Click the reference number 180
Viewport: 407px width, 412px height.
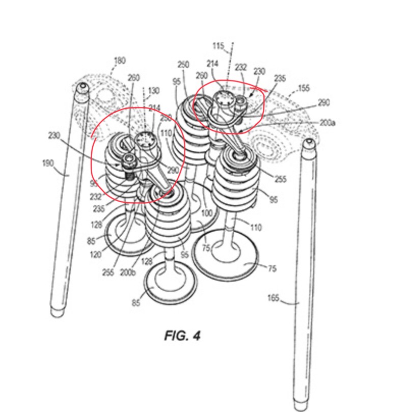[119, 61]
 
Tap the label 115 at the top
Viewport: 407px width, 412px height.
[218, 46]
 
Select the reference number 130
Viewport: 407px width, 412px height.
[153, 91]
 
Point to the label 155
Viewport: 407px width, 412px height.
[304, 88]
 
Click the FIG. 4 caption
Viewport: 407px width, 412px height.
[182, 336]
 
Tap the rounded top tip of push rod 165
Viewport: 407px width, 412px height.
[308, 143]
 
